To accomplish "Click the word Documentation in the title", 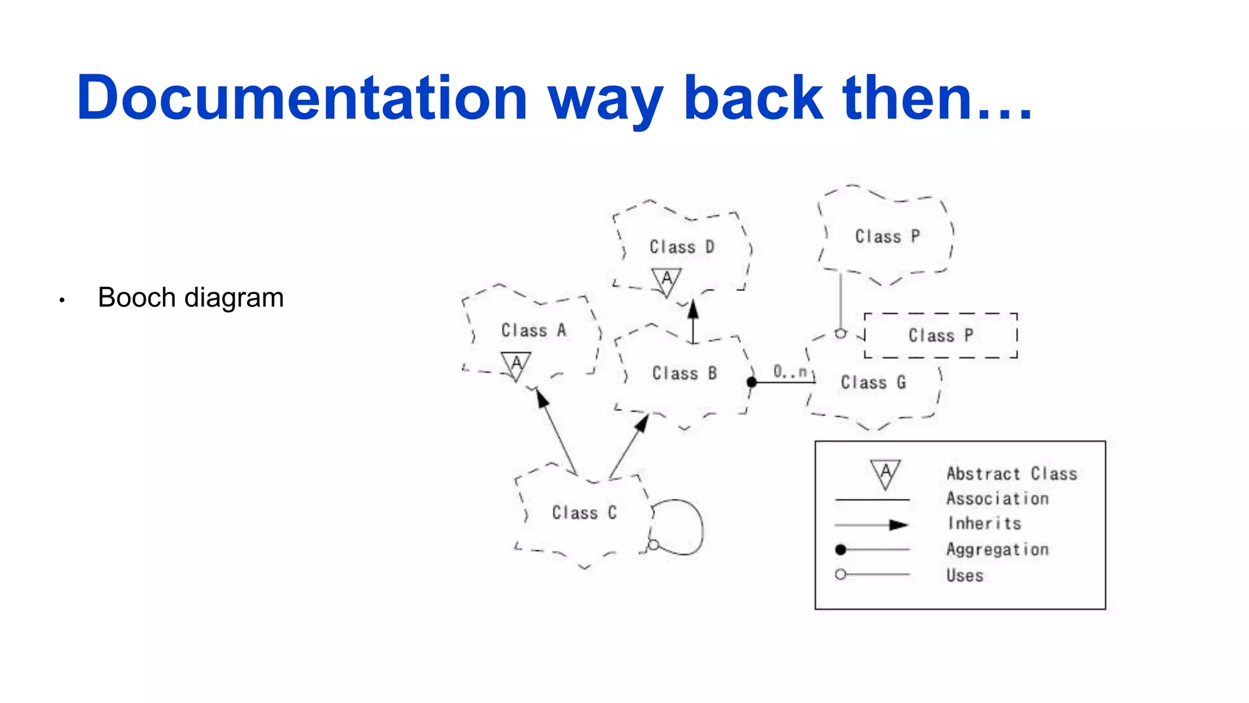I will [302, 98].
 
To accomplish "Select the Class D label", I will [681, 247].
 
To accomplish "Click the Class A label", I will [534, 331].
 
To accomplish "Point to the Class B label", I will [684, 373].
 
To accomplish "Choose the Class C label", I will [584, 513].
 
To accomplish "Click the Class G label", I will [873, 383].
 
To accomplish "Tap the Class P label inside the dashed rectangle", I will [940, 336].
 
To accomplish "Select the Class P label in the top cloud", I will [887, 237].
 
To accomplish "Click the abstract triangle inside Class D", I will [667, 281].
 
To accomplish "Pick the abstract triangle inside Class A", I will [516, 365].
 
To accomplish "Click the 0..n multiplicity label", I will [790, 371].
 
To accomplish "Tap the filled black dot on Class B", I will [752, 382].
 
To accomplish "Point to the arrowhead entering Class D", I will [693, 309].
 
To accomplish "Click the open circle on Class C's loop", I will [653, 544].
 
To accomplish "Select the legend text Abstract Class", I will [1011, 474].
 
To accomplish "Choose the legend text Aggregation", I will [997, 550].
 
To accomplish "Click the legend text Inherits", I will [984, 524].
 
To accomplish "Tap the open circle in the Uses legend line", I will [840, 574].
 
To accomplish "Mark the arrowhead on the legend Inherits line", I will [898, 525].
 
